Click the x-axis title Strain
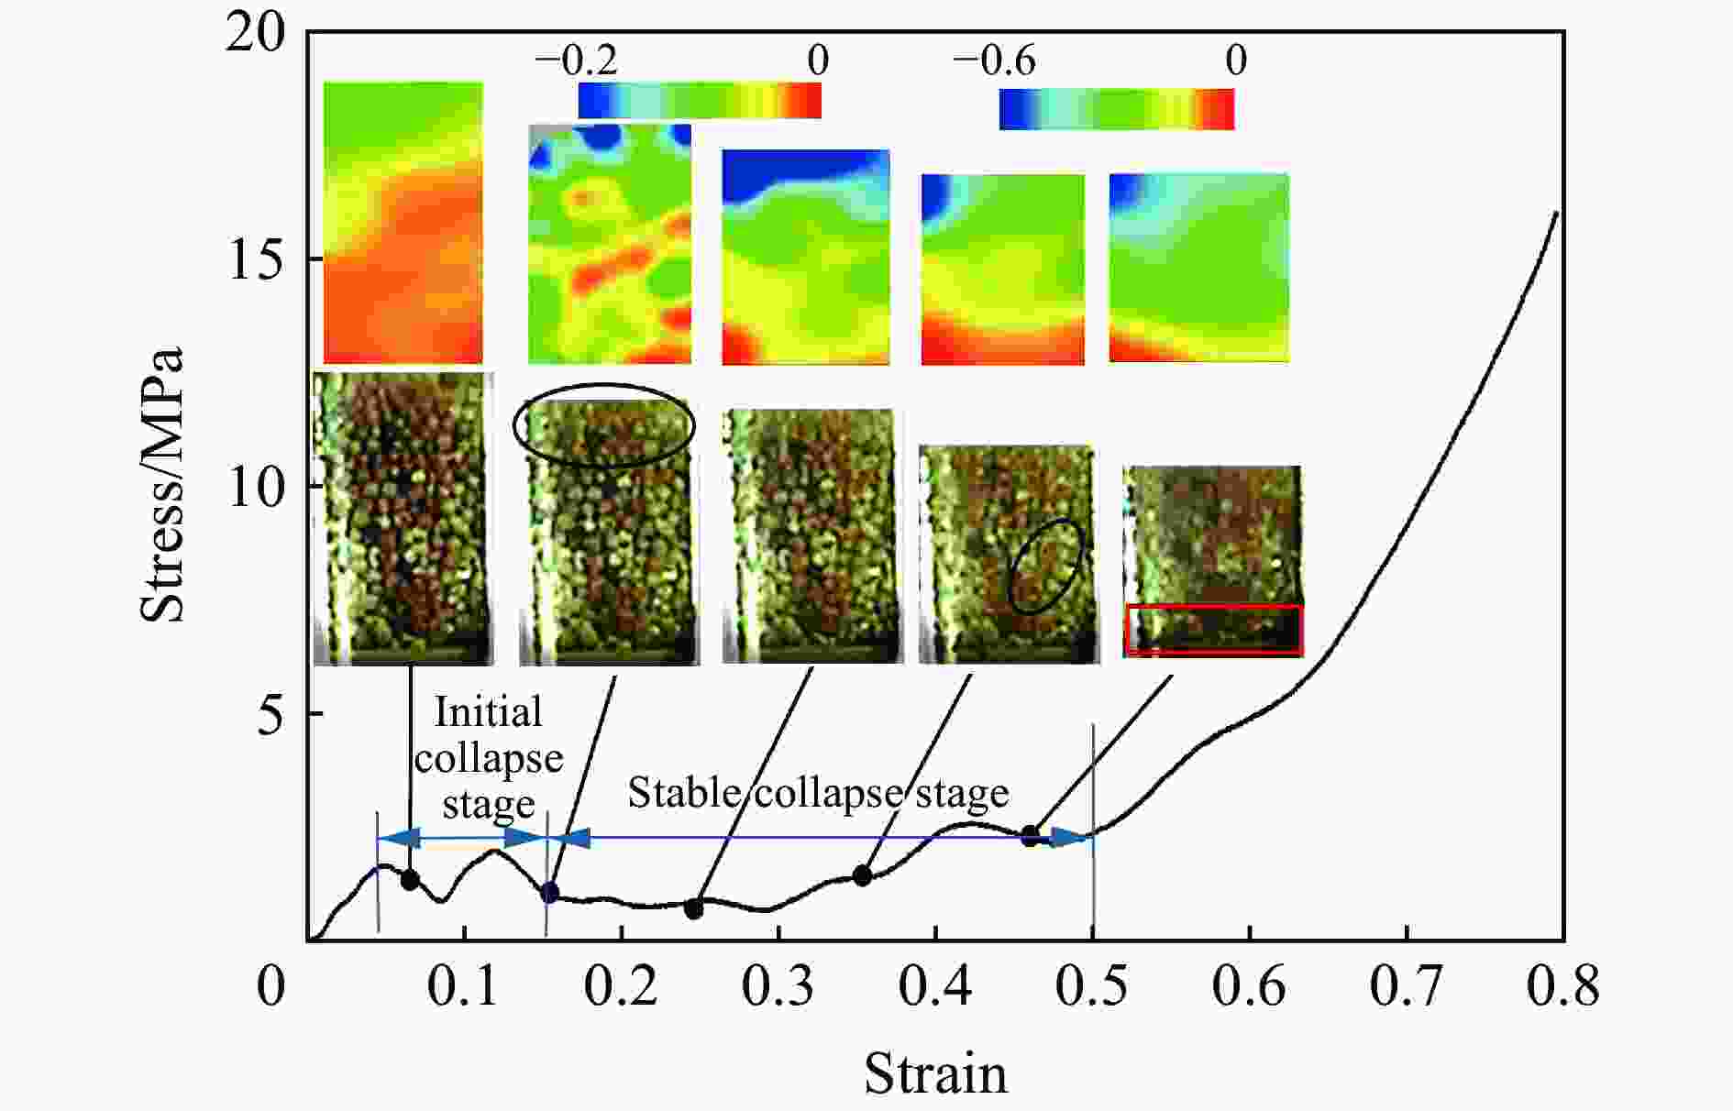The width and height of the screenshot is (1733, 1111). tap(935, 1073)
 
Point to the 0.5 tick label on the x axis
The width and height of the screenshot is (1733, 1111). tap(1092, 987)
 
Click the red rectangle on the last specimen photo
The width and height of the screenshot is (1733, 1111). tap(1214, 630)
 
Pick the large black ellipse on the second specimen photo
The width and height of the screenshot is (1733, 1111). tap(603, 425)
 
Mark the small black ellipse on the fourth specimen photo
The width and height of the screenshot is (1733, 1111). tap(1046, 566)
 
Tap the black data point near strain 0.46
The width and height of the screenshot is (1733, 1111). tap(1031, 835)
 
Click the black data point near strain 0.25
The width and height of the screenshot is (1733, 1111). tap(694, 908)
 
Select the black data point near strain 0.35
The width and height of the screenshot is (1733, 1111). tap(862, 875)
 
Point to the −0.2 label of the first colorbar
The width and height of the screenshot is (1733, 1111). tap(576, 60)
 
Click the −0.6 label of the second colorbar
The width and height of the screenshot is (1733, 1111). tap(994, 60)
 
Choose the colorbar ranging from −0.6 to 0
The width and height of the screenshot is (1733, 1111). tap(1116, 109)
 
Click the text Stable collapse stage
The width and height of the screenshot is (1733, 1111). tap(818, 792)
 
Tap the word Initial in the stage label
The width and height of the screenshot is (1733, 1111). tap(488, 712)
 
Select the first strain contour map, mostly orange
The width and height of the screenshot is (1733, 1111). tap(403, 223)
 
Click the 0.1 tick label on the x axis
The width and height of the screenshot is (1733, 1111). tap(465, 987)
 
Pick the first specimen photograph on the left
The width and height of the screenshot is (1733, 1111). tap(403, 518)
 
